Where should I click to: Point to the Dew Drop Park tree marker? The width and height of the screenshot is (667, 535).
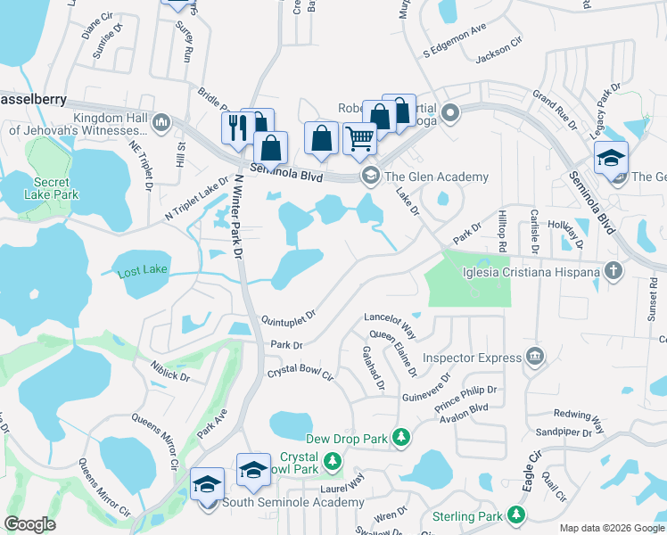tap(402, 437)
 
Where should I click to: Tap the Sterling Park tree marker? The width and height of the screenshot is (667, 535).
tap(515, 514)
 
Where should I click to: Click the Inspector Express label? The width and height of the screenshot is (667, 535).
tap(472, 358)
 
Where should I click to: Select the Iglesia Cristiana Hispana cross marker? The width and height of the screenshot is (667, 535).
tap(613, 269)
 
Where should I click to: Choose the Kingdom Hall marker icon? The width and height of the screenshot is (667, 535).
tap(161, 122)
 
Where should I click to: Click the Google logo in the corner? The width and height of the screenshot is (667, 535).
tap(30, 524)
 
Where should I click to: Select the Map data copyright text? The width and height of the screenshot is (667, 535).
tap(611, 528)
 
